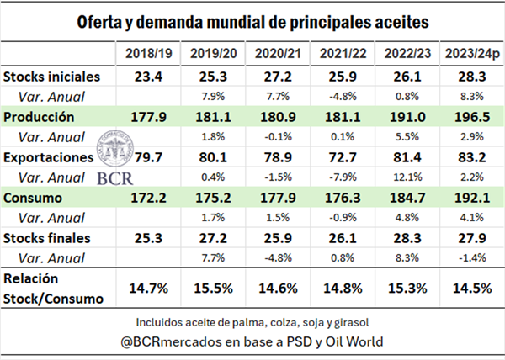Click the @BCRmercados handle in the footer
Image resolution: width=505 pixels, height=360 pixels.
pyautogui.click(x=187, y=342)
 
